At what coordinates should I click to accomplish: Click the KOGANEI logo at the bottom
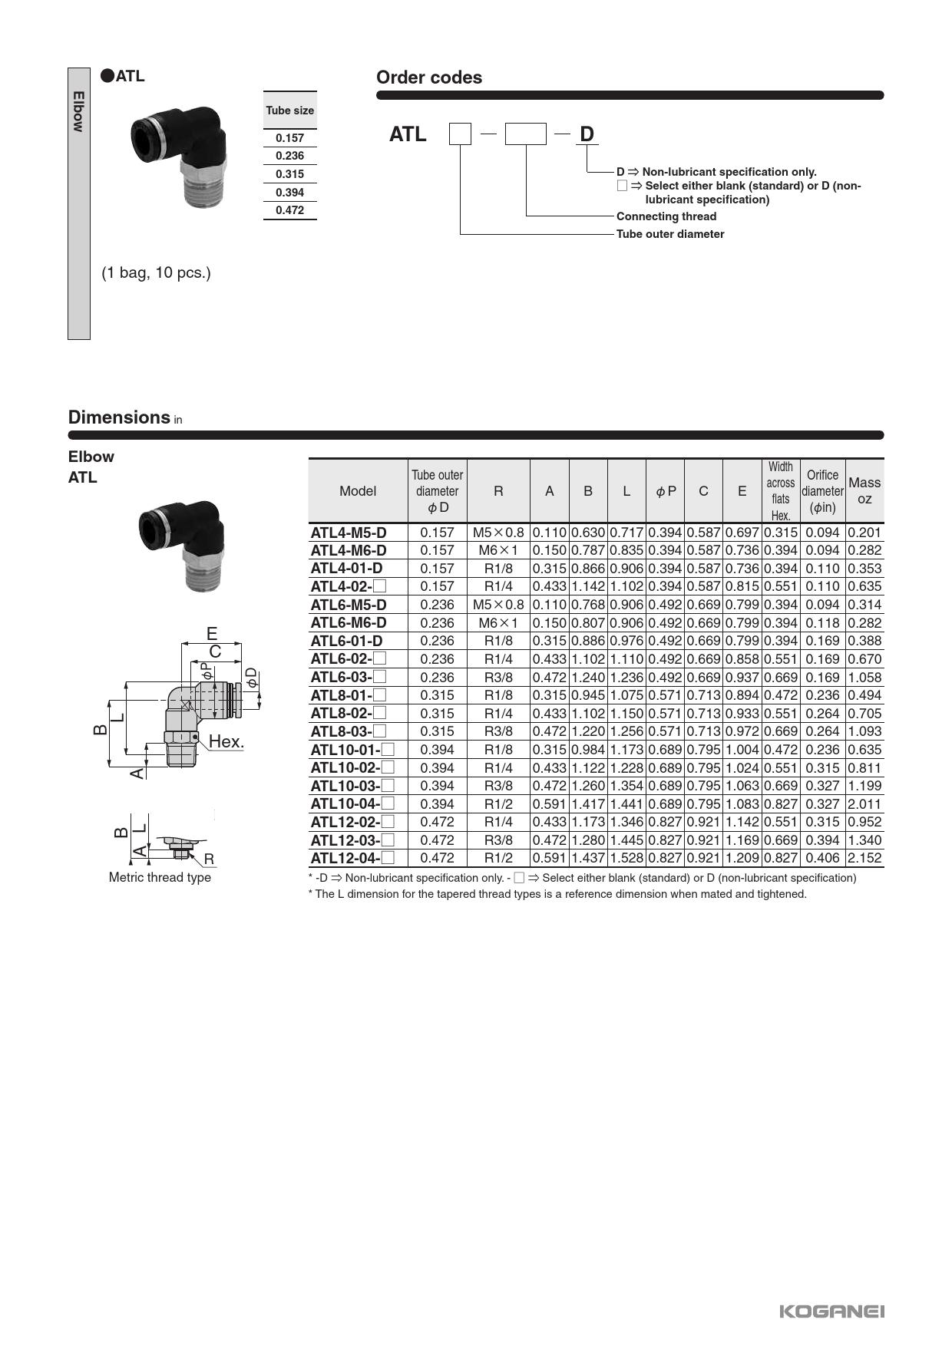coord(831,1311)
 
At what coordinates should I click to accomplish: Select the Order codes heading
coord(428,78)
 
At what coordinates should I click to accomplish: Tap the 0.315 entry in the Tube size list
coord(289,174)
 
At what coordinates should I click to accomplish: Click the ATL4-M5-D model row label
coord(349,533)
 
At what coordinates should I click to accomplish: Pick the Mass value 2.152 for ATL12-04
coord(864,858)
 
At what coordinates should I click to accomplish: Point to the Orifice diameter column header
coord(822,491)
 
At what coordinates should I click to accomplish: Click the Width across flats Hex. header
coord(780,491)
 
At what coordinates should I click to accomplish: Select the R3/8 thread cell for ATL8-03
coord(498,731)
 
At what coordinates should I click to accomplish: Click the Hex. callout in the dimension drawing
coord(226,741)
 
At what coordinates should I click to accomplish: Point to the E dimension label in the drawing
coord(212,634)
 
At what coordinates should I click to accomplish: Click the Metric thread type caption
coord(160,877)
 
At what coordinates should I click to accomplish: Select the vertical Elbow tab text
coord(78,111)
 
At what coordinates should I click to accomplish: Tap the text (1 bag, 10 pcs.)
coord(156,272)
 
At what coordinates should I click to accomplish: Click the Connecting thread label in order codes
coord(666,216)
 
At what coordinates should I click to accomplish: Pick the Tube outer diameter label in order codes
coord(670,234)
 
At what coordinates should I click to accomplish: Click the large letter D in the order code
coord(587,134)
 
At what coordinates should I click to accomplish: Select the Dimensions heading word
coord(119,417)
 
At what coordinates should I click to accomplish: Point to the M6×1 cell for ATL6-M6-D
coord(498,623)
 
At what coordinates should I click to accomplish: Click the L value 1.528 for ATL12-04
coord(626,858)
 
